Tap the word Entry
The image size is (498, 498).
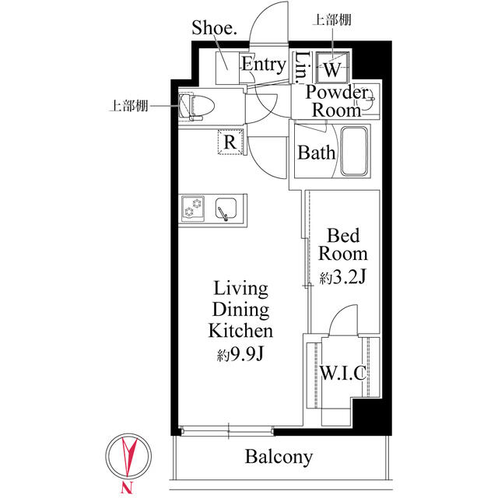click(x=262, y=65)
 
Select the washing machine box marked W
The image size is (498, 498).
click(x=331, y=69)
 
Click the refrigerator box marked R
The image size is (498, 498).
click(x=230, y=142)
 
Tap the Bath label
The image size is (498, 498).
click(x=316, y=153)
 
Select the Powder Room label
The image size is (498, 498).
click(x=336, y=101)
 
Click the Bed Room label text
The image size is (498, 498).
click(x=343, y=244)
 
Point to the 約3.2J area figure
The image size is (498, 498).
click(x=343, y=277)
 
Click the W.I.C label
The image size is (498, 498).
click(x=342, y=373)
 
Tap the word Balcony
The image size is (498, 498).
click(x=279, y=458)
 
